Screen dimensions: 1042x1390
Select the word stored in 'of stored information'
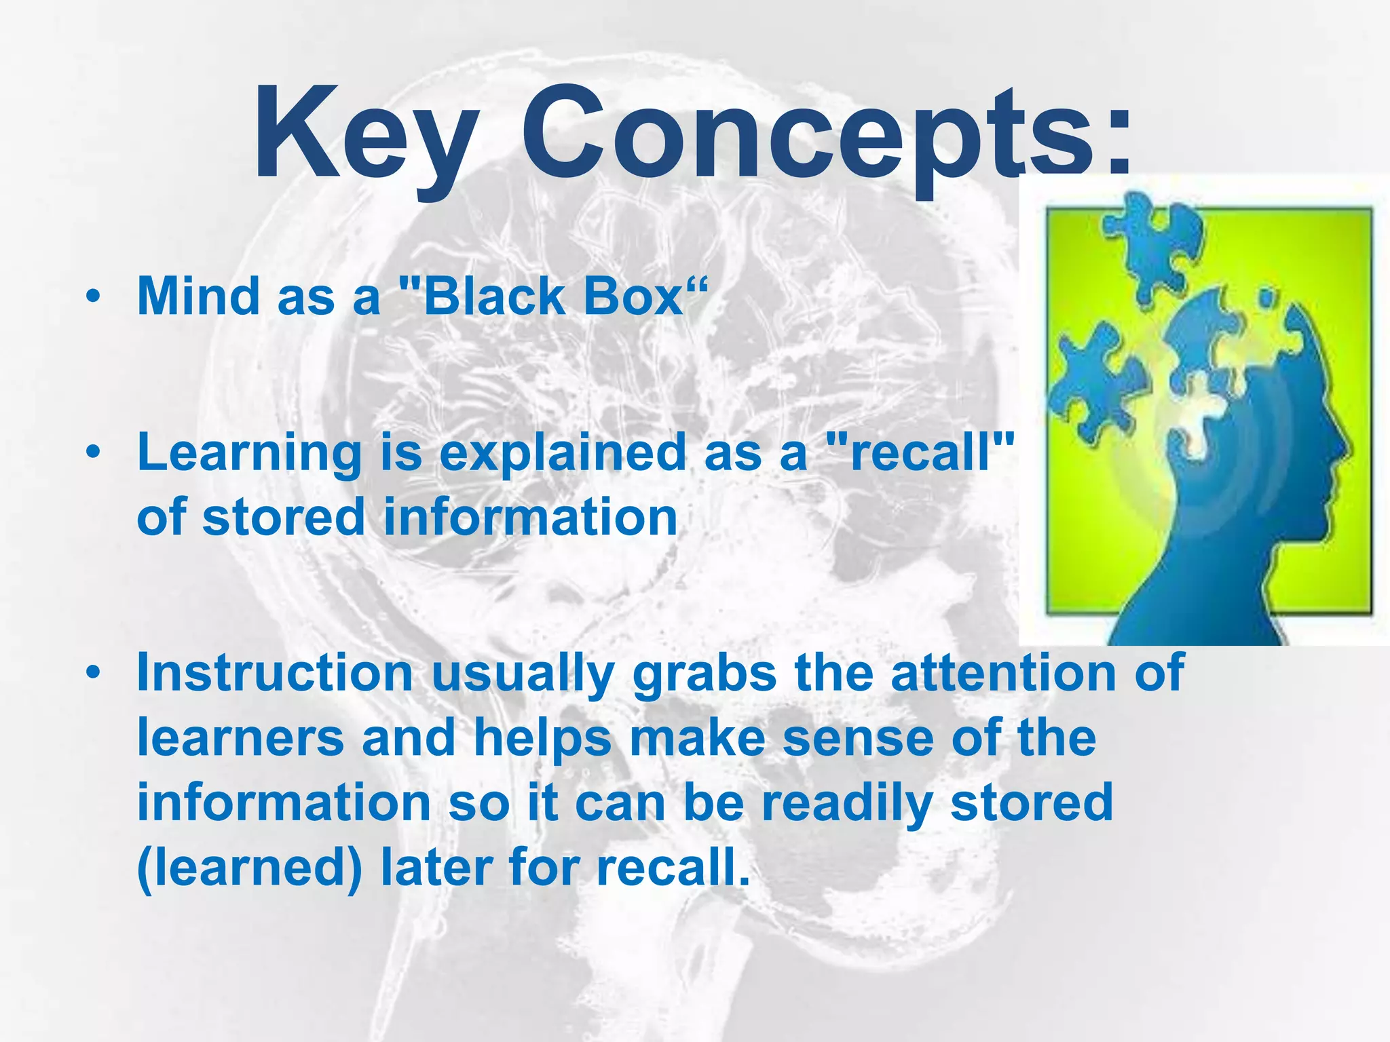pos(284,517)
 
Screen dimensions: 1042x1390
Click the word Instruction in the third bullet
pos(275,673)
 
